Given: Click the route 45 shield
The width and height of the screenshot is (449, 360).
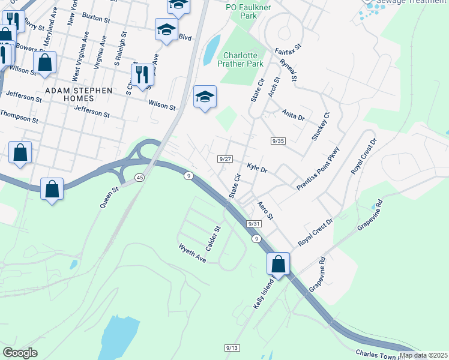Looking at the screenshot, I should tap(140, 178).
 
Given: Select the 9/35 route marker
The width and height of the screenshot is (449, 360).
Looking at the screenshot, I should tap(277, 141).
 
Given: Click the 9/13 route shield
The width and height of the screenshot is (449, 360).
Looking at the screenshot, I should tap(232, 348).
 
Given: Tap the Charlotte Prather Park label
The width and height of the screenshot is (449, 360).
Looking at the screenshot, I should tap(241, 59).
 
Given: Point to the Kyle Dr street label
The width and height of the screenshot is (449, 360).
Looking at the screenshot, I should tap(257, 169).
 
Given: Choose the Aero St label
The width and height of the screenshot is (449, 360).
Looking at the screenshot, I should tap(265, 210).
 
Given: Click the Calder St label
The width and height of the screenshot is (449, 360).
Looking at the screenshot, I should tap(214, 238).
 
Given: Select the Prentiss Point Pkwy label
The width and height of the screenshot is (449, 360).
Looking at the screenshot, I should tap(318, 169).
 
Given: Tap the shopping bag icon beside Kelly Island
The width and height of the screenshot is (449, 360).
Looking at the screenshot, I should tap(279, 263).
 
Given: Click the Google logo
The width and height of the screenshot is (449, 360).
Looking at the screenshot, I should tap(20, 353).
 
